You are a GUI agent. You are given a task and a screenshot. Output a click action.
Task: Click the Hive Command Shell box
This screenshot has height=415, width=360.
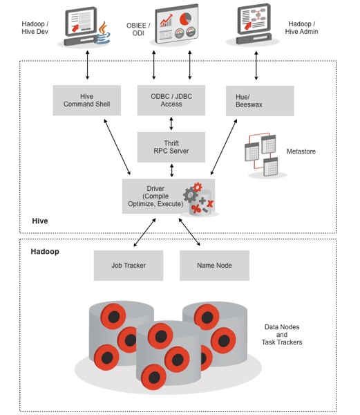[x=86, y=100]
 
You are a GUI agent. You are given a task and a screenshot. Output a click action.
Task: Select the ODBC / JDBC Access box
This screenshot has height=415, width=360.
[x=171, y=100]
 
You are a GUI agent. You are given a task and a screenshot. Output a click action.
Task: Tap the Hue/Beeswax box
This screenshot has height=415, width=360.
[x=260, y=101]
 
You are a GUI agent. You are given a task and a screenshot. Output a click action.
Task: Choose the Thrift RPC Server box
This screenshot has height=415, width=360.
[x=171, y=147]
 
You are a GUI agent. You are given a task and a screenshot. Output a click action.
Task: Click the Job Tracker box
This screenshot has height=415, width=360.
[x=129, y=266]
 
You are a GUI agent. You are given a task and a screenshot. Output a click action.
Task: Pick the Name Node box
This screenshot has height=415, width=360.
[x=214, y=266]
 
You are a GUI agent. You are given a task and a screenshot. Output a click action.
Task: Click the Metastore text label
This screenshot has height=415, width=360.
[x=301, y=151]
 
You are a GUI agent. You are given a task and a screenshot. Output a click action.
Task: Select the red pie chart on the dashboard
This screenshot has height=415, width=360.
[x=185, y=19]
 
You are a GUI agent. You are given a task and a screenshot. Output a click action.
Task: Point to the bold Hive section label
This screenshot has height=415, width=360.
[x=40, y=221]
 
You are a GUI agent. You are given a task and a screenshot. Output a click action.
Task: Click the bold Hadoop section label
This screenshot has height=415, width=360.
[x=45, y=252]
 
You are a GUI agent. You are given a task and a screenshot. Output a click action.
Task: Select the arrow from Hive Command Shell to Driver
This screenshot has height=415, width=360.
[x=117, y=147]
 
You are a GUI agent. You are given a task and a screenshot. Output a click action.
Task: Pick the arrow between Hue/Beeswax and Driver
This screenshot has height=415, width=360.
[x=224, y=147]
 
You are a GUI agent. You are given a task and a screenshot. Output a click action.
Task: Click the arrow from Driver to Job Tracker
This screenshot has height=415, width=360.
[x=144, y=232]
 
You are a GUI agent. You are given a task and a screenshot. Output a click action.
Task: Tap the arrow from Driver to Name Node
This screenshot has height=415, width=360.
[x=189, y=232]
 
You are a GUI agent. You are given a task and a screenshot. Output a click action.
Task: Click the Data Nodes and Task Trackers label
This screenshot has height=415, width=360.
[x=282, y=335]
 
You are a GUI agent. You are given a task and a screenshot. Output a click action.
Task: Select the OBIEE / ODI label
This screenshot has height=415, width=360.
[x=138, y=29]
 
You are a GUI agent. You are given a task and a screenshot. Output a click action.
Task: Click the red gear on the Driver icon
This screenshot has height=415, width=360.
[x=198, y=187]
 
